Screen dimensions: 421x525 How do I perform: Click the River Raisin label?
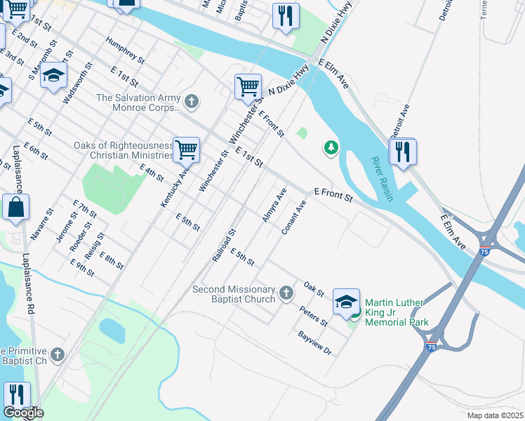click(x=382, y=179)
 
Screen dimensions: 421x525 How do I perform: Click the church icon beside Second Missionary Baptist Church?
click(x=286, y=292)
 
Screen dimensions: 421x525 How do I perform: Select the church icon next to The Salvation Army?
click(x=192, y=102)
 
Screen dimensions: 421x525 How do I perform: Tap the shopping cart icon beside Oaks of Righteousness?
click(x=186, y=149)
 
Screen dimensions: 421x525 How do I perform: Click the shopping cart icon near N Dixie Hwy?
click(x=248, y=86)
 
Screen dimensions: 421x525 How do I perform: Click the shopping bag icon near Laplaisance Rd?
click(x=15, y=208)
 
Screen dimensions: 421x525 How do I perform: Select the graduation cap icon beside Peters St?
click(x=345, y=302)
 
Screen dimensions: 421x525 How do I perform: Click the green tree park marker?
click(x=331, y=147)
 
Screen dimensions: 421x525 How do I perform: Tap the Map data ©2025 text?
click(x=495, y=415)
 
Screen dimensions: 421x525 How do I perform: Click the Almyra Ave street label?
click(x=274, y=205)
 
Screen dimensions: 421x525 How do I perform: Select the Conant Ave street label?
click(x=294, y=218)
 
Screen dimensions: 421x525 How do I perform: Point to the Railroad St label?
click(x=224, y=245)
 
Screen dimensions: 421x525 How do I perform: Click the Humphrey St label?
click(x=124, y=51)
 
